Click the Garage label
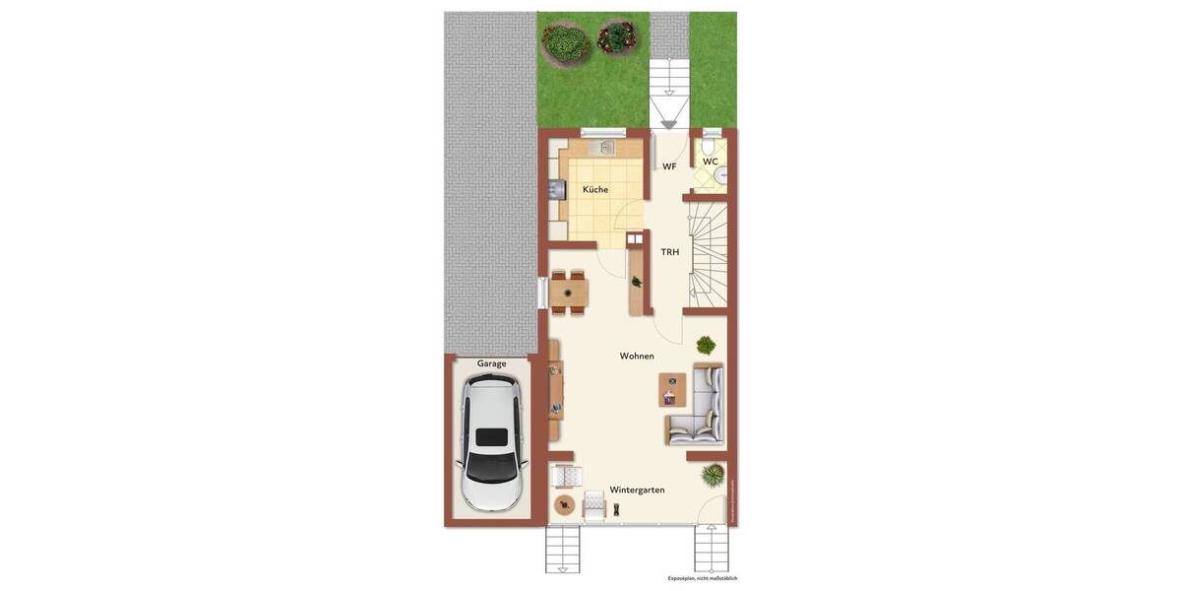coord(491,363)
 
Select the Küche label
coord(595,189)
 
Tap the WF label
coord(669,166)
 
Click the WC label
coord(710,162)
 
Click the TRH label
coord(670,252)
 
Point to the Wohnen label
coord(637,356)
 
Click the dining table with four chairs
coord(569,293)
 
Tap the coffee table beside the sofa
coord(672,390)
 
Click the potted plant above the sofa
coord(706,345)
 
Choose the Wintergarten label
coord(637,490)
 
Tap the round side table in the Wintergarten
coord(564,505)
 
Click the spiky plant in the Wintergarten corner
coord(713,476)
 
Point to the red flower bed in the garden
coord(617,37)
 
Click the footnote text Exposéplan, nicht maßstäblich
coord(702,578)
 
